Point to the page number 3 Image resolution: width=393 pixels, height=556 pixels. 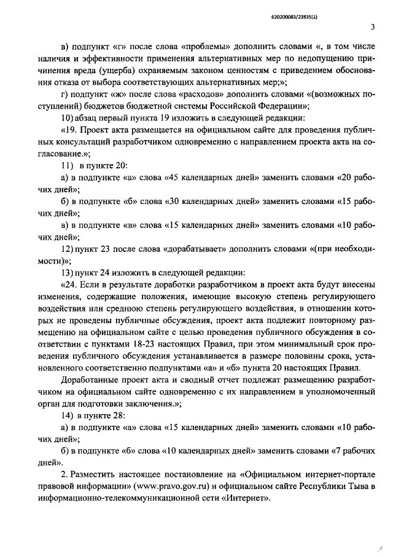(373, 26)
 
